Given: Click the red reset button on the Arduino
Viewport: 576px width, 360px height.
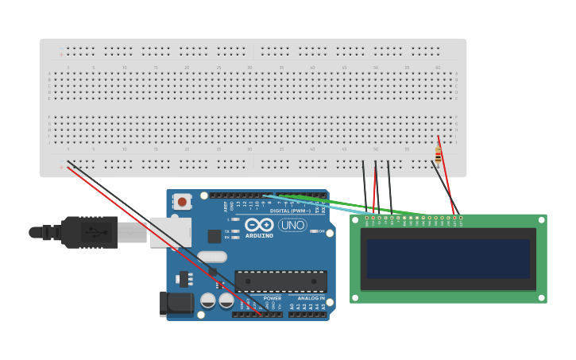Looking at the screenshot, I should click(x=182, y=202).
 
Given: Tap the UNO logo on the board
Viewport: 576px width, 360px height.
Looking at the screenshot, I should click(x=292, y=225).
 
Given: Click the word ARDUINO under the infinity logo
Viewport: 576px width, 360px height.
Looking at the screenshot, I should click(x=260, y=235).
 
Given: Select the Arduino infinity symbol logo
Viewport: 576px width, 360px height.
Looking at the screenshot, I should click(x=259, y=225).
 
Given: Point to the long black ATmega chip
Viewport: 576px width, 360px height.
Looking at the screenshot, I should click(x=280, y=281).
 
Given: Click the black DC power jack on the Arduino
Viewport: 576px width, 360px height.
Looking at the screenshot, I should click(x=176, y=304).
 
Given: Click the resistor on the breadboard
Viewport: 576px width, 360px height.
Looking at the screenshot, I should click(x=438, y=155).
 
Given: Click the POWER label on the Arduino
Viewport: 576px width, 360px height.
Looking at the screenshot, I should click(x=273, y=298).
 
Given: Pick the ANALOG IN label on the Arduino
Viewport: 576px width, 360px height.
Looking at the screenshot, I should click(x=311, y=298).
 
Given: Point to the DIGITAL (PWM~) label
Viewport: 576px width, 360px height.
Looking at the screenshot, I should click(x=290, y=211).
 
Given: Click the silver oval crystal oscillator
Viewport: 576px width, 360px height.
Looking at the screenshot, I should click(x=212, y=257).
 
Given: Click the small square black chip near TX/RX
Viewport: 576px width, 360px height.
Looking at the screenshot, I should click(x=215, y=236).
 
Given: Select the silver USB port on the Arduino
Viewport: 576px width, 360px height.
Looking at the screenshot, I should click(x=171, y=232).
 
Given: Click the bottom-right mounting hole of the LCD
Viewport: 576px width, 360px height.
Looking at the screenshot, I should click(x=542, y=298).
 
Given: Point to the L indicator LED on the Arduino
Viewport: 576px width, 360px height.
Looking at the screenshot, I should click(x=236, y=220).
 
